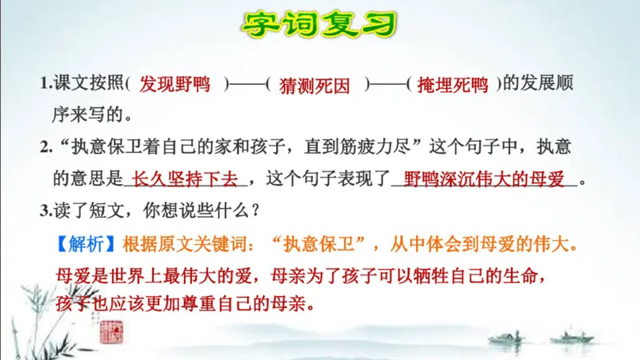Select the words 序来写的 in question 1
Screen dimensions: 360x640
click(86, 115)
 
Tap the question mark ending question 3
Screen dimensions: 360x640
click(253, 211)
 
